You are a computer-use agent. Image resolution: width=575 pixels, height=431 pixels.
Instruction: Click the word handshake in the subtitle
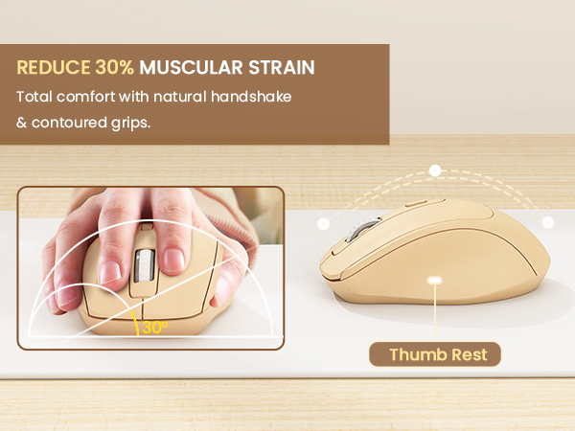coord(253,97)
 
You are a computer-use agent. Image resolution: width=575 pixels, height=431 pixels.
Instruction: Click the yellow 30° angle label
coord(152,328)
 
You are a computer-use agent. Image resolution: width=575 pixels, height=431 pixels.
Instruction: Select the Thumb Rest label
coord(438,355)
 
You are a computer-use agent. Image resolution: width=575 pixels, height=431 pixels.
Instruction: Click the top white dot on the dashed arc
coord(435,170)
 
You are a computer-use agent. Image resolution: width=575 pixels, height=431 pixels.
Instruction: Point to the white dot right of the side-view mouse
coord(547,222)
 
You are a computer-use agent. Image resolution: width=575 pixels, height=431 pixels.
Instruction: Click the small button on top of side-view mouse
coord(416,204)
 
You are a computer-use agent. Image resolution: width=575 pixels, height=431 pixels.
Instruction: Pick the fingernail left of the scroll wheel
coord(110,271)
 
